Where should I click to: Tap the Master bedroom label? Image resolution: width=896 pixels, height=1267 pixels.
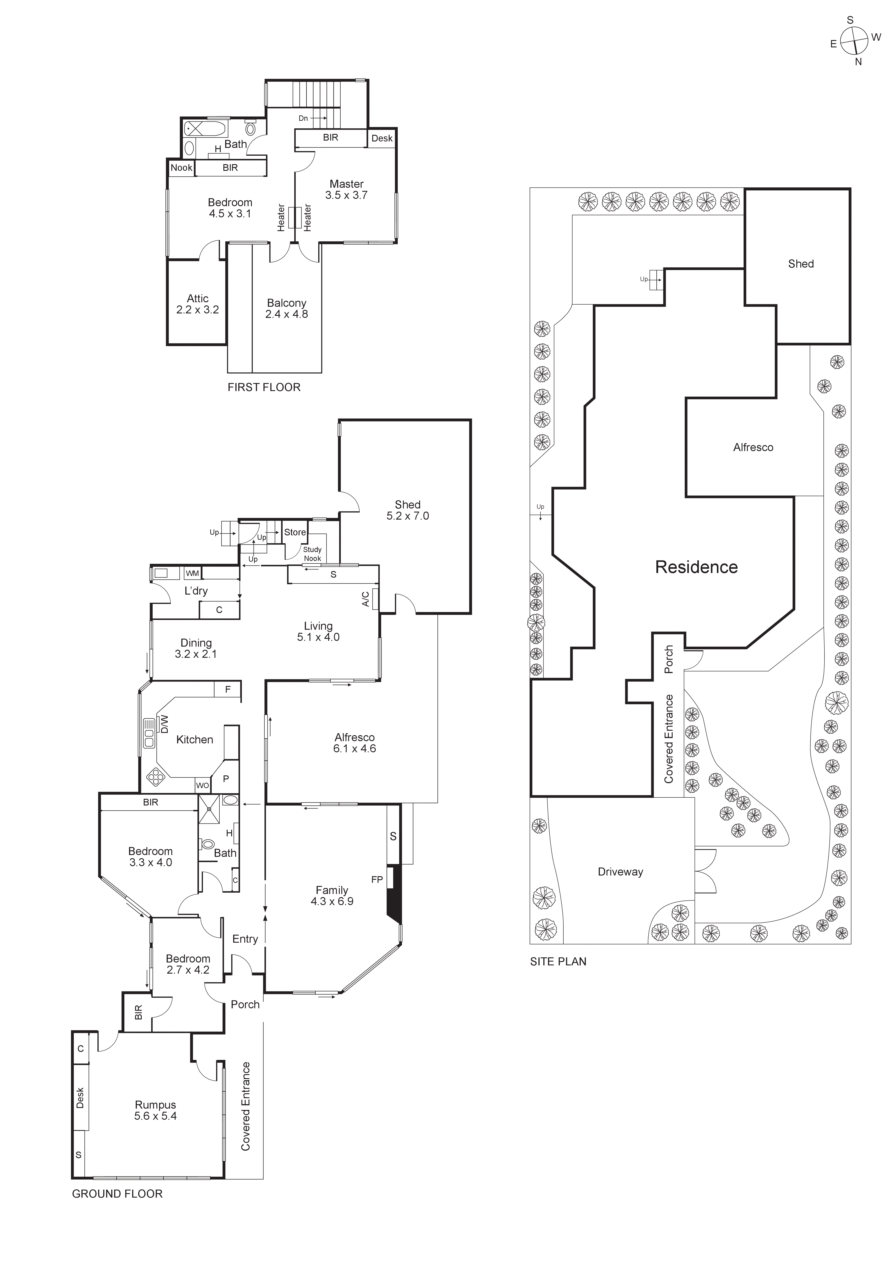point(346,189)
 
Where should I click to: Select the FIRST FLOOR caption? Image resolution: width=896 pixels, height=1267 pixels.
point(264,387)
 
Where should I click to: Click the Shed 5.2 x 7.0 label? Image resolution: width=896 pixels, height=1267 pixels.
point(407,510)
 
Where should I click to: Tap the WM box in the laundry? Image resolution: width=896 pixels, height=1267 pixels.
point(192,573)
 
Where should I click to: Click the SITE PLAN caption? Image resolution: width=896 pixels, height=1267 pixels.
point(558,961)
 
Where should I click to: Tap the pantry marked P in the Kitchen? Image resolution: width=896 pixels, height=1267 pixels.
point(226,779)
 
